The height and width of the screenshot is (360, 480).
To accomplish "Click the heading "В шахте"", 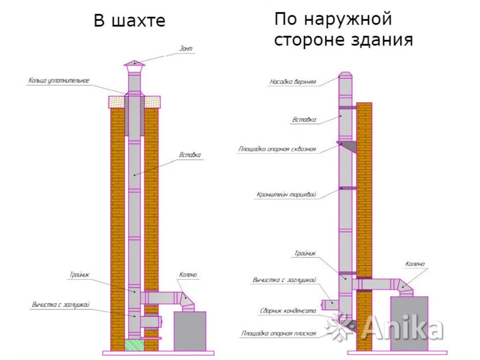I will pos(129,21).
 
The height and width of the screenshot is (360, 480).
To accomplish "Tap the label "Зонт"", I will pos(186,49).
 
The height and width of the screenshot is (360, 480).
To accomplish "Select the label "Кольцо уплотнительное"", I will pos(59,81).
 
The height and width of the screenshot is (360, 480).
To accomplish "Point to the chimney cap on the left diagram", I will pos(134,64).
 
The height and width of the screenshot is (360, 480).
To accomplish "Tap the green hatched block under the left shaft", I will pos(134,345).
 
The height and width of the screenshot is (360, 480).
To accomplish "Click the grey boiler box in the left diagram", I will pos(190,330).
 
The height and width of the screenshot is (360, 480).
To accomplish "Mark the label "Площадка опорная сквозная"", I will pos(277,150).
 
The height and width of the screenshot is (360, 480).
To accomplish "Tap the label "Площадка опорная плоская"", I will pos(278,333).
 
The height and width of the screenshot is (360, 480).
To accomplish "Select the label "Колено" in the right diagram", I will pos(415,264).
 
